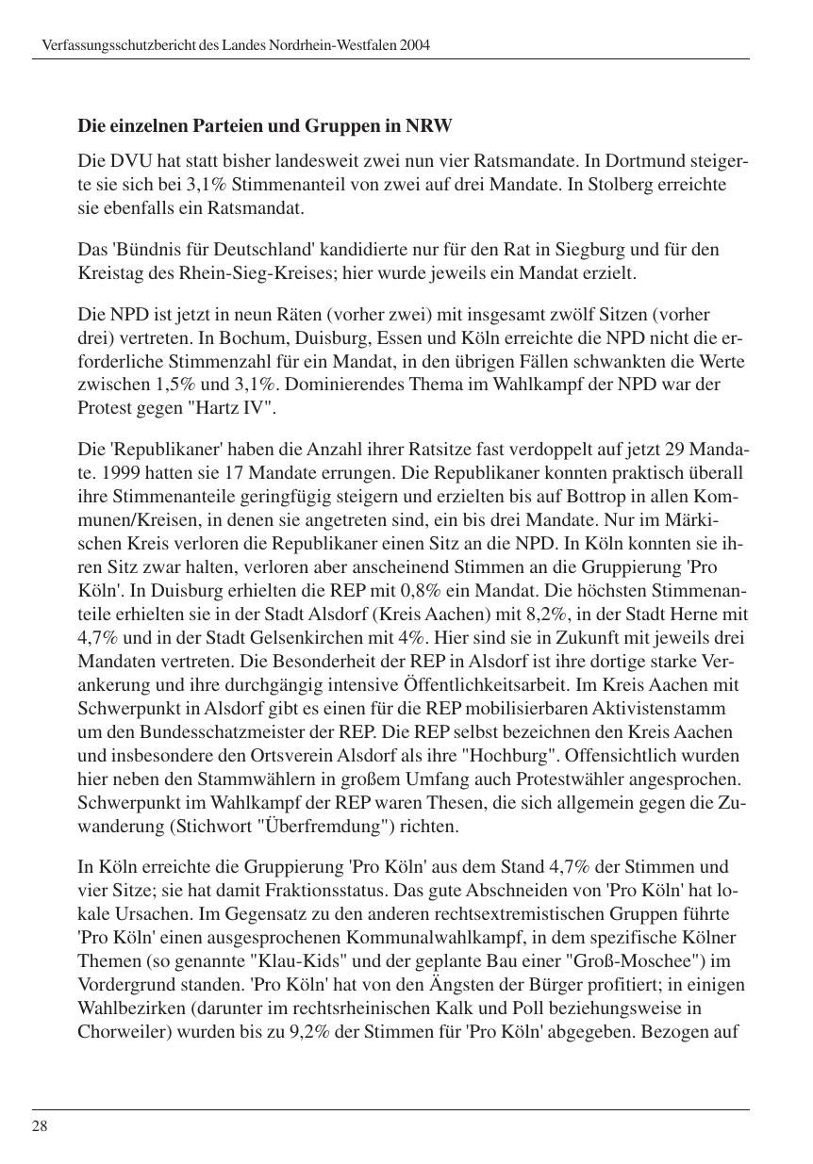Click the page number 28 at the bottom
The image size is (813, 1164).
coord(40,1126)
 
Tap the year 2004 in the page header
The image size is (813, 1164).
coord(415,45)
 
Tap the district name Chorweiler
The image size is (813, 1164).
coord(117,1032)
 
